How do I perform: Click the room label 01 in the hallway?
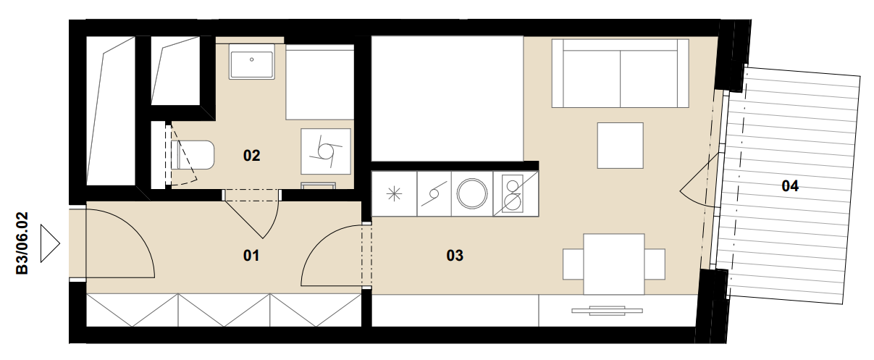251,256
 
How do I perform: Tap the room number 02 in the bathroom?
251,156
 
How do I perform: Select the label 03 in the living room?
455,256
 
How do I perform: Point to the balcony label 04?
790,186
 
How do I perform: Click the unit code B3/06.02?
22,243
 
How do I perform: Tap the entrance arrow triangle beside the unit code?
50,243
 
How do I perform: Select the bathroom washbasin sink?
252,62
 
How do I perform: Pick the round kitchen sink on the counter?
472,193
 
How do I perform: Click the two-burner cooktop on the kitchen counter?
512,193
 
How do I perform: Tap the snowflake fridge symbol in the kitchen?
394,194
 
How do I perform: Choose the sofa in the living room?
620,73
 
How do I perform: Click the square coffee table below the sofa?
620,146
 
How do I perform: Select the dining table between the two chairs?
614,264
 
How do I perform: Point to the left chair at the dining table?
573,264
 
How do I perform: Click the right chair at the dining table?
655,264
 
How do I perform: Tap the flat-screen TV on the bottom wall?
607,311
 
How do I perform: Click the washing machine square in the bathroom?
325,151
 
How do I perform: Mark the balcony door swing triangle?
700,180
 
